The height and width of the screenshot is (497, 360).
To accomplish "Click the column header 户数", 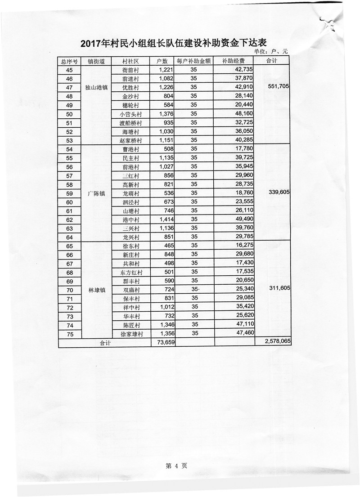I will [162, 61].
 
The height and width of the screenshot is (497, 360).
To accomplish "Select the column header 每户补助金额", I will [194, 61].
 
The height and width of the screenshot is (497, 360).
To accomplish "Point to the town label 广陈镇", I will [96, 193].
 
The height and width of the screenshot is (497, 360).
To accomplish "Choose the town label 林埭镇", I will [96, 290].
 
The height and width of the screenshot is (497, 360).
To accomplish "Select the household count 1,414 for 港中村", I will [162, 219].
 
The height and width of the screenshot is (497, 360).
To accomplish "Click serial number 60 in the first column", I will [69, 202].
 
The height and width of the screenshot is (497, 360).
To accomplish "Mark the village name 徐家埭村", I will [131, 334].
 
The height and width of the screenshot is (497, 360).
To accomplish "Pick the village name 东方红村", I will [131, 273].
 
